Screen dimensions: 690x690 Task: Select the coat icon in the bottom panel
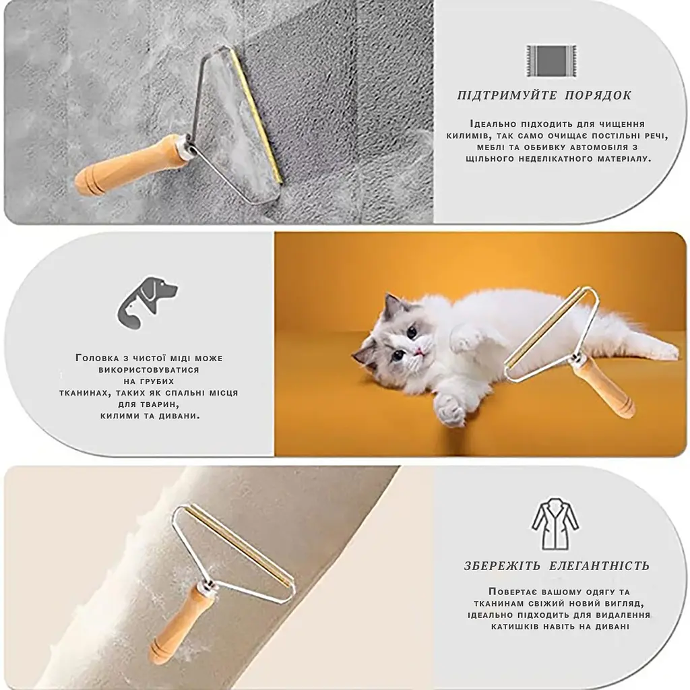click(555, 524)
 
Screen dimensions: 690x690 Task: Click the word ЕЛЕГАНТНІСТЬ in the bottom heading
click(599, 565)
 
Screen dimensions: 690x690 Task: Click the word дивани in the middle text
click(180, 415)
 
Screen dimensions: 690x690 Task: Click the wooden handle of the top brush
click(131, 166)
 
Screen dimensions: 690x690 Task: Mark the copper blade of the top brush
click(257, 116)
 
